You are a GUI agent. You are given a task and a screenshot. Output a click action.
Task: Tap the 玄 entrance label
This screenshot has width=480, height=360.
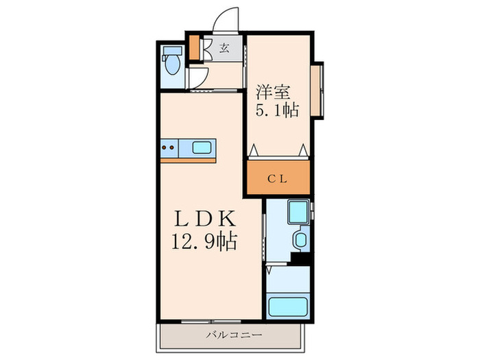pos(224,48)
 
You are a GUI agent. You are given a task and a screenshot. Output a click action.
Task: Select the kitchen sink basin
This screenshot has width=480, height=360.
pos(202,146)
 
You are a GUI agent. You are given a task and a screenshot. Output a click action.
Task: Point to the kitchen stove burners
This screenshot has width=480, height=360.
pos(169,146)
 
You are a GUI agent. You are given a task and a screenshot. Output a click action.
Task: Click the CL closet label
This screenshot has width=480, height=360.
pos(278,179)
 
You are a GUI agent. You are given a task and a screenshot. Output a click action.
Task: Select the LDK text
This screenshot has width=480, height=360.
pos(206,220)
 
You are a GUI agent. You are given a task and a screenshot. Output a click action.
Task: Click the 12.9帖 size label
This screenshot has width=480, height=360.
pos(206,242)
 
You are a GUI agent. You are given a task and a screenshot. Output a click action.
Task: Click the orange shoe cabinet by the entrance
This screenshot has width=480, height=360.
pos(193,47)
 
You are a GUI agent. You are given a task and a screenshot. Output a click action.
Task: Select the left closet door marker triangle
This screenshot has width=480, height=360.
pos(253,149)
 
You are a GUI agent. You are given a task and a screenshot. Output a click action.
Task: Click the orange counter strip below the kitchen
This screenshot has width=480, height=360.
pos(188,160)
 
